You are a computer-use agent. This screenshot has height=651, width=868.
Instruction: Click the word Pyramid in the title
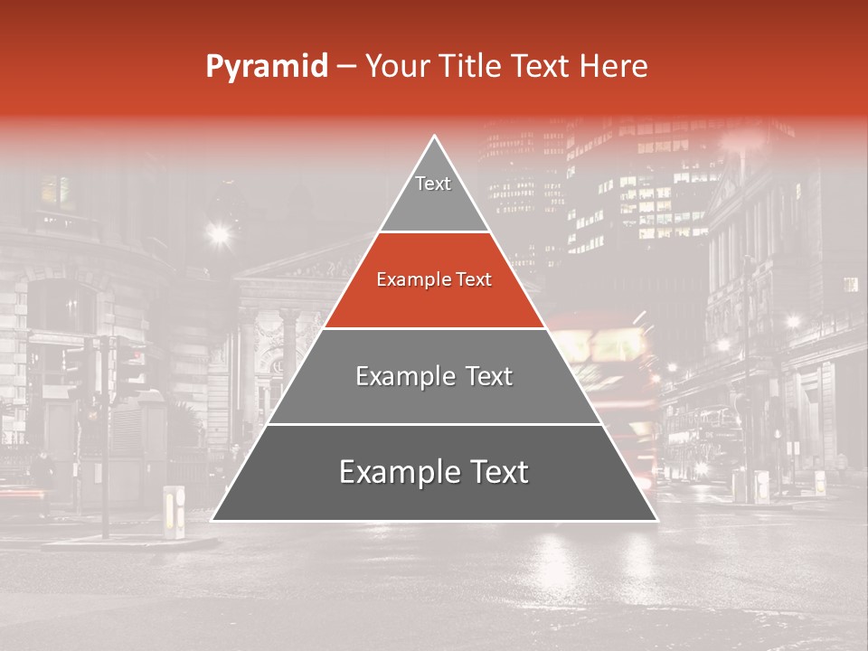pyautogui.click(x=267, y=66)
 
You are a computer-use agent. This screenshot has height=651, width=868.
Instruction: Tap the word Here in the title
pyautogui.click(x=613, y=66)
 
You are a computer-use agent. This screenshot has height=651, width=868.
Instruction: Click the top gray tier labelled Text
pyautogui.click(x=434, y=194)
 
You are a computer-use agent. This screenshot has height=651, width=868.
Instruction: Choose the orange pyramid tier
pyautogui.click(x=434, y=294)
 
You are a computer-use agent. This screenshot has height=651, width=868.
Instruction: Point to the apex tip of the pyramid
pyautogui.click(x=435, y=137)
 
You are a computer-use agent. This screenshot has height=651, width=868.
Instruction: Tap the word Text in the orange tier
pyautogui.click(x=473, y=280)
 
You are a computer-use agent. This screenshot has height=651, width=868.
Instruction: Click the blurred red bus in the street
pyautogui.click(x=606, y=362)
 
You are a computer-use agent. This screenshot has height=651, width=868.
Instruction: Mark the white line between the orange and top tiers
pyautogui.click(x=434, y=232)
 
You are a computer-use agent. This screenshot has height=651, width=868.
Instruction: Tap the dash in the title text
pyautogui.click(x=346, y=66)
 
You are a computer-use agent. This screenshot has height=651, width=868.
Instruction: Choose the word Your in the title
pyautogui.click(x=398, y=66)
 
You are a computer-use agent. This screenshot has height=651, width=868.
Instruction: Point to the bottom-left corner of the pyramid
pyautogui.click(x=212, y=520)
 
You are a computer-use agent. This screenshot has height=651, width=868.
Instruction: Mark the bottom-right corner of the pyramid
pyautogui.click(x=656, y=520)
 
